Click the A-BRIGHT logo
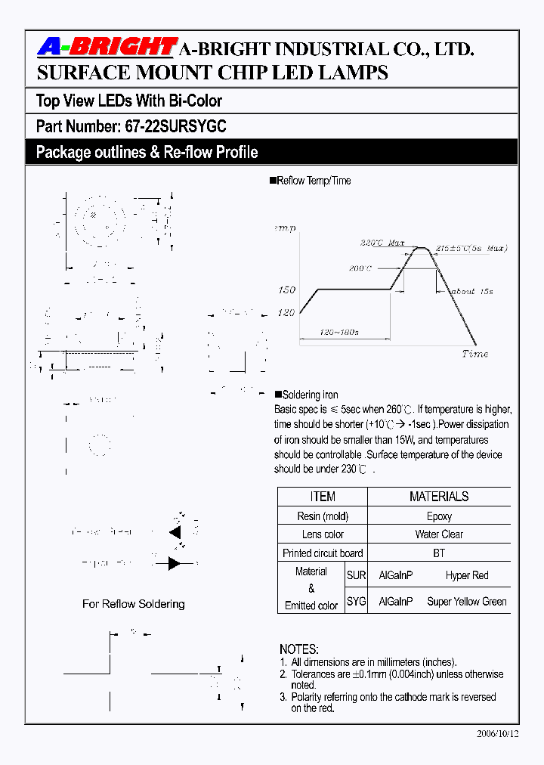107,48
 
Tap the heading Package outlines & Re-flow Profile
147,152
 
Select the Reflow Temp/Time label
314,181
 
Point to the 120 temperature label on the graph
286,312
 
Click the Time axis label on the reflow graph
474,354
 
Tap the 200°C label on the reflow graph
360,268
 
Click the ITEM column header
323,497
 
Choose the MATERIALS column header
439,497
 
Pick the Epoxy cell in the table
439,516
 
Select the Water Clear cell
439,534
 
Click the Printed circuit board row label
323,553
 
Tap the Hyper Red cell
467,575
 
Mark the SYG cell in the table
357,602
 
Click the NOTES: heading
299,649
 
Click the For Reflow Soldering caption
134,604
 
